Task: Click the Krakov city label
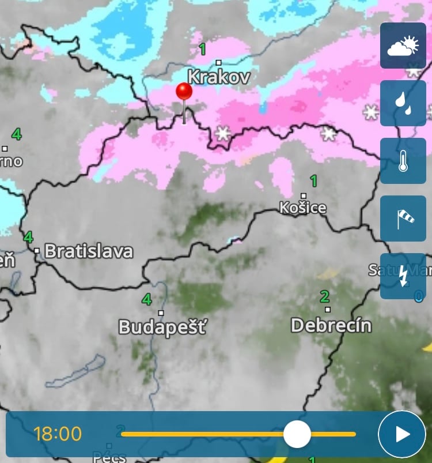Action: pyautogui.click(x=219, y=77)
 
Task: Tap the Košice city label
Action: pyautogui.click(x=303, y=208)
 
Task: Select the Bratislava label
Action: pyautogui.click(x=88, y=251)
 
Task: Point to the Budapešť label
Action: pyautogui.click(x=162, y=328)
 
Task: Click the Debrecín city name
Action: pyautogui.click(x=331, y=325)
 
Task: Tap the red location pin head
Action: pyautogui.click(x=184, y=92)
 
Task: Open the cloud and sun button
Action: pyautogui.click(x=403, y=46)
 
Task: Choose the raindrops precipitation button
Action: pyautogui.click(x=403, y=103)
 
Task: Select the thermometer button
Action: pyautogui.click(x=403, y=161)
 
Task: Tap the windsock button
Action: pyautogui.click(x=403, y=219)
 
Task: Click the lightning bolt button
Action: pyautogui.click(x=403, y=276)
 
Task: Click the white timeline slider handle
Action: pyautogui.click(x=297, y=434)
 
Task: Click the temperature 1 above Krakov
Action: pyautogui.click(x=203, y=50)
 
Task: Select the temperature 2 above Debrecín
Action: pyautogui.click(x=325, y=297)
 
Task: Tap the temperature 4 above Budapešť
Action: pyautogui.click(x=147, y=300)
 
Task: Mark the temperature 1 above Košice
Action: pyautogui.click(x=314, y=182)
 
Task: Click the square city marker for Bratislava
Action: pyautogui.click(x=37, y=251)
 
